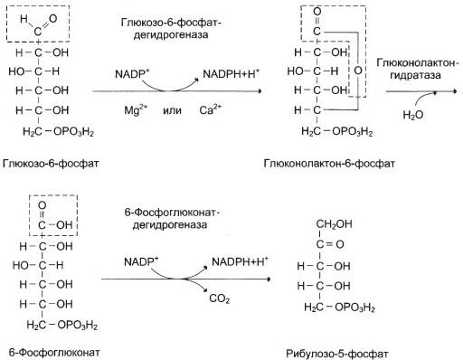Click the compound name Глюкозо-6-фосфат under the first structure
(51, 164)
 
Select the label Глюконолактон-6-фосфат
(329, 164)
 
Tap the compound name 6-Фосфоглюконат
(54, 352)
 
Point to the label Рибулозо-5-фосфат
(337, 354)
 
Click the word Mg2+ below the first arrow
(136, 109)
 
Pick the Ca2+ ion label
(210, 109)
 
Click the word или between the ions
(172, 110)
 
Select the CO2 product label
(220, 298)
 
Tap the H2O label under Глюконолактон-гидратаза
(413, 115)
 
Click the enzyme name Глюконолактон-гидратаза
(418, 69)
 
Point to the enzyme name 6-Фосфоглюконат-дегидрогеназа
(172, 219)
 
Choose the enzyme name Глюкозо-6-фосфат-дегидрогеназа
(171, 29)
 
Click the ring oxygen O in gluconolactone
(358, 71)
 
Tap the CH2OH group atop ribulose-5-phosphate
(334, 224)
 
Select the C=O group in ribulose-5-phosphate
(330, 244)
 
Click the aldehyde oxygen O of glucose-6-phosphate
(52, 18)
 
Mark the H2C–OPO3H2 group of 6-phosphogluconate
(62, 325)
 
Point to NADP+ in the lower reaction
(141, 261)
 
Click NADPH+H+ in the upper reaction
(231, 73)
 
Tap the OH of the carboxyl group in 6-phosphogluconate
(64, 224)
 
